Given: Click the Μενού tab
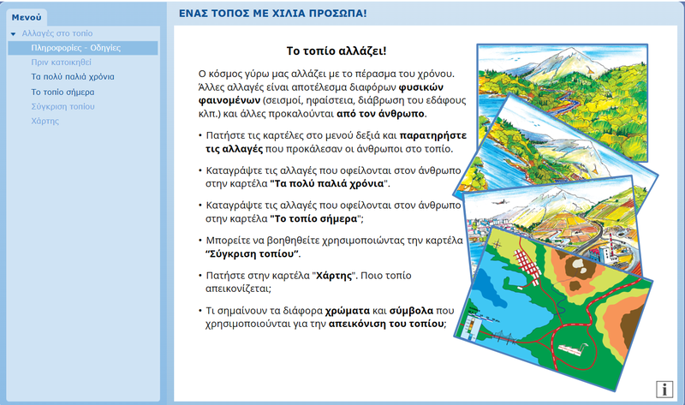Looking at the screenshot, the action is [x=27, y=17].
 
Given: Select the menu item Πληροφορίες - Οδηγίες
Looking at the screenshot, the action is [x=75, y=48].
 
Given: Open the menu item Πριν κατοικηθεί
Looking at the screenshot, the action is [x=61, y=62].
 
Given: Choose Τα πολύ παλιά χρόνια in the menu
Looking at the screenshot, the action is [x=73, y=77].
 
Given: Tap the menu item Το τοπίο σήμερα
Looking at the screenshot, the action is [x=63, y=92].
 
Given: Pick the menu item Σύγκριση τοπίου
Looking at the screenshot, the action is [x=63, y=107].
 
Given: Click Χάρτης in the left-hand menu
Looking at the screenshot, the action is [x=45, y=121].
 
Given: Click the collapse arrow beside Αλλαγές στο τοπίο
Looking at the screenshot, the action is [x=13, y=33].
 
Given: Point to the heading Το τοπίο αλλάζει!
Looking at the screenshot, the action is [x=337, y=51].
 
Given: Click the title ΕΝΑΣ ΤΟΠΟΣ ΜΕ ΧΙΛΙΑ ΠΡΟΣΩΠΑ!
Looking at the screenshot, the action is [x=272, y=14].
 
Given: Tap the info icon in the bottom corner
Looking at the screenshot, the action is [x=664, y=389].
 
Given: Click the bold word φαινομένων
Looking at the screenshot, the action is [x=229, y=100].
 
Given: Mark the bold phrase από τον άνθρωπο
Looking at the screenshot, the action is [x=380, y=114].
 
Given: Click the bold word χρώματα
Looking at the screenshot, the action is [x=348, y=311].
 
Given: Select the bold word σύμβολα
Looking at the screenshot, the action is [x=411, y=311].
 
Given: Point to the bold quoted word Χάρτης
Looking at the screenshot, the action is [x=334, y=276].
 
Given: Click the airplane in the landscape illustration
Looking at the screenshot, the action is [x=500, y=202].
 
